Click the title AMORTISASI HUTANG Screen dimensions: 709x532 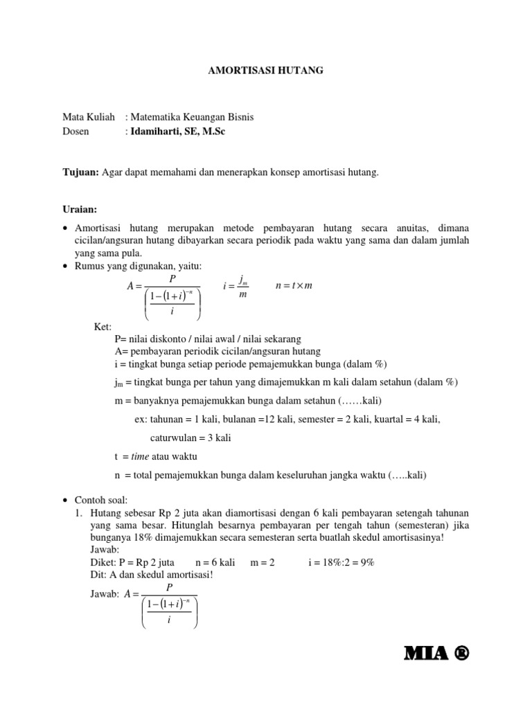click(266, 71)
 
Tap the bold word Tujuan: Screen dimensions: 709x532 click(82, 172)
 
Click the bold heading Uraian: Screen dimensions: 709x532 click(80, 209)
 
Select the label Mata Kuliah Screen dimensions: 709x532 click(89, 117)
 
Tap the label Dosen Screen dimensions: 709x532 click(76, 131)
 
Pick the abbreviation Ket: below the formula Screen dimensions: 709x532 click(103, 326)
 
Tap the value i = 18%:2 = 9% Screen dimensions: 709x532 click(342, 563)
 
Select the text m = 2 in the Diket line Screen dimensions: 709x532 click(263, 563)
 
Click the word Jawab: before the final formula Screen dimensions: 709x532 click(105, 593)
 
